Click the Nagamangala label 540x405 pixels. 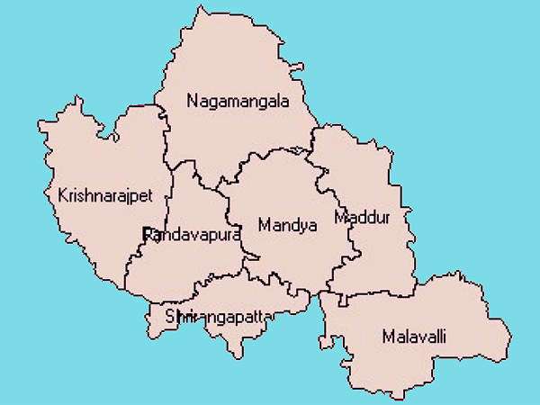pos(238,101)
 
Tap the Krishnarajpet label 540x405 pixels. pos(104,195)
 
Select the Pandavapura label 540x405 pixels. pos(192,235)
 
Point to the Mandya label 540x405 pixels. pos(287,225)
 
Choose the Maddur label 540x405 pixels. pos(362,217)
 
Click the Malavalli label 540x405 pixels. pos(414,337)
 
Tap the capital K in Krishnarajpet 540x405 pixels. pos(61,195)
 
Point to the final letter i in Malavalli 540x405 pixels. pos(444,337)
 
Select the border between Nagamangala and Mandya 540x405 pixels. pos(270,156)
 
